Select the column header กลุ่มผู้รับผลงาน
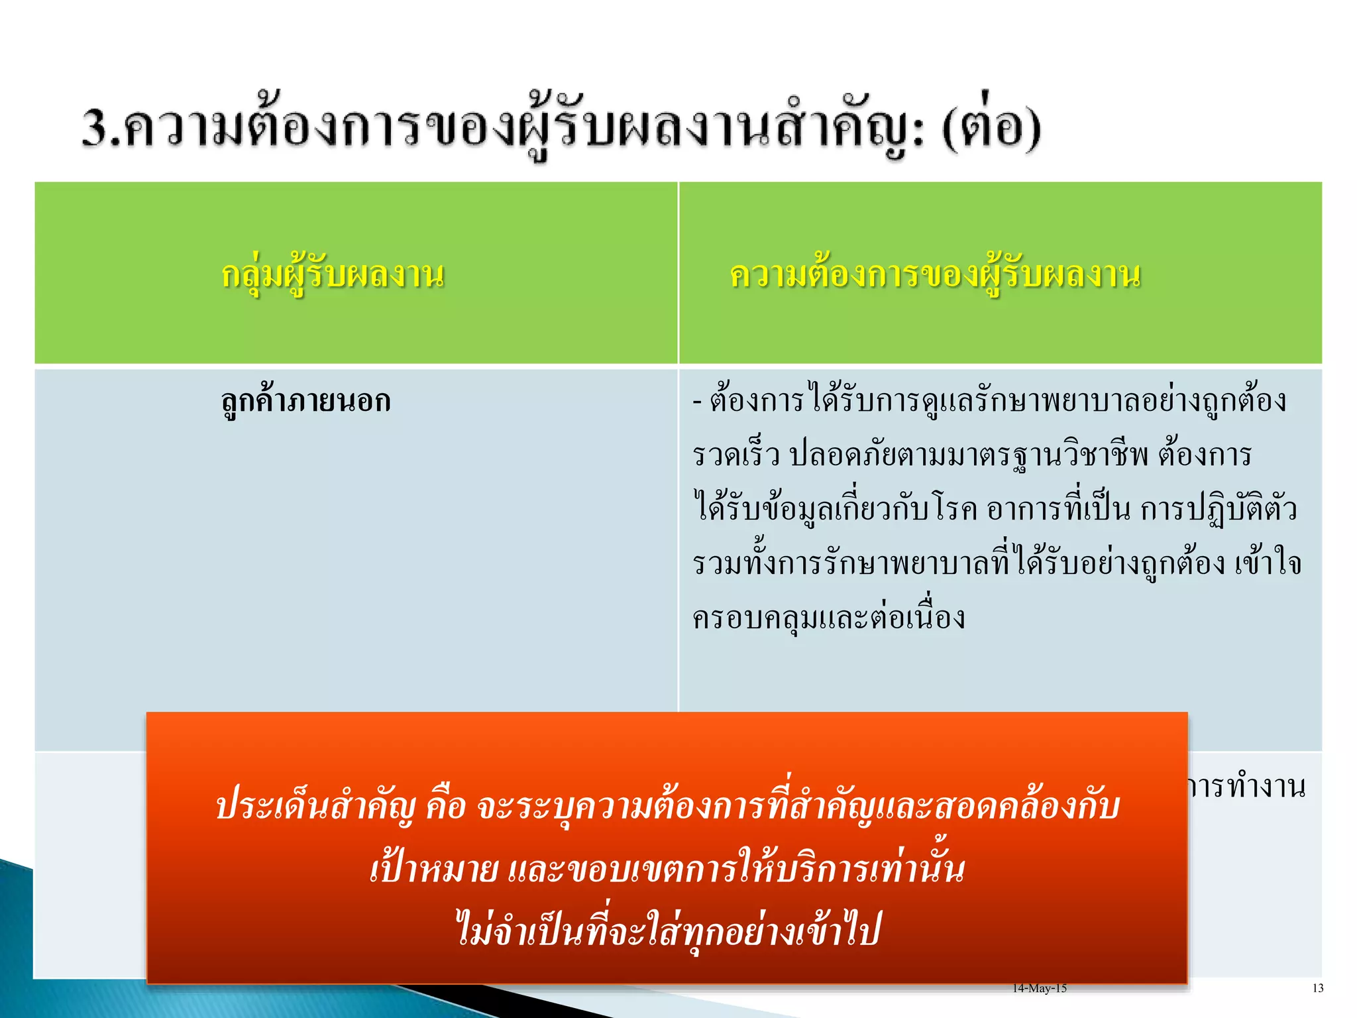pyautogui.click(x=333, y=274)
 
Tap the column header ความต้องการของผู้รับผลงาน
pyautogui.click(x=935, y=274)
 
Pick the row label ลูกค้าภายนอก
pyautogui.click(x=305, y=401)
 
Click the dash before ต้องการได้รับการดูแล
pyautogui.click(x=697, y=402)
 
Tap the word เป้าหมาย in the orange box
pyautogui.click(x=434, y=869)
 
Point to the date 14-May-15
pyautogui.click(x=1039, y=988)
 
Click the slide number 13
pyautogui.click(x=1317, y=988)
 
